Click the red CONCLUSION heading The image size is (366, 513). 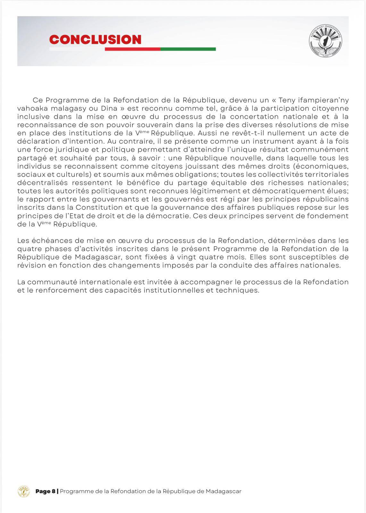pyautogui.click(x=95, y=39)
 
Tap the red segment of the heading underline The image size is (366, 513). pyautogui.click(x=132, y=49)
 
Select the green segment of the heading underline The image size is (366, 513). pyautogui.click(x=188, y=49)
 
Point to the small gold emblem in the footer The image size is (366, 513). pyautogui.click(x=23, y=491)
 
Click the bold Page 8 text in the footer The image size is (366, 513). pyautogui.click(x=46, y=491)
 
